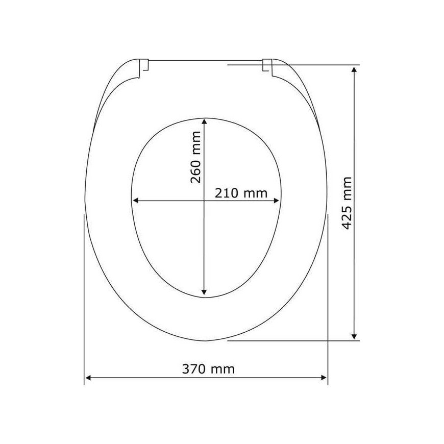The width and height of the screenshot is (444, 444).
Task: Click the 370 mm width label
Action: tap(208, 369)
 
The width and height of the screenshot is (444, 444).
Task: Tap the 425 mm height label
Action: tap(347, 203)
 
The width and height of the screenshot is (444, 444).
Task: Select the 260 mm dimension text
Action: tap(195, 157)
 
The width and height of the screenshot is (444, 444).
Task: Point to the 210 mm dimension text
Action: tap(241, 193)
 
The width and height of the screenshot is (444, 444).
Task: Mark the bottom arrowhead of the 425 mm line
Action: tap(354, 336)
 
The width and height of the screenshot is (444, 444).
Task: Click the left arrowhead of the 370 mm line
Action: tap(88, 378)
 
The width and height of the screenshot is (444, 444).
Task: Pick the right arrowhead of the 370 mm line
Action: tap(324, 378)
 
